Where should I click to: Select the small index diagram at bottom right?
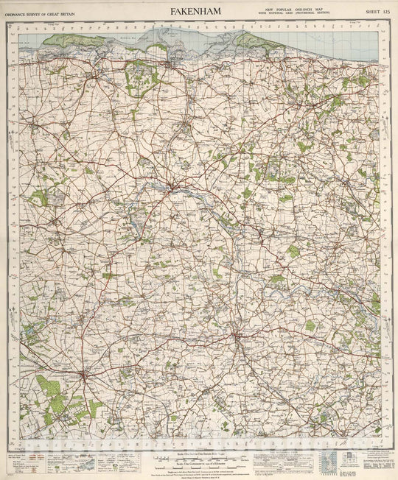pos(343,461)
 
